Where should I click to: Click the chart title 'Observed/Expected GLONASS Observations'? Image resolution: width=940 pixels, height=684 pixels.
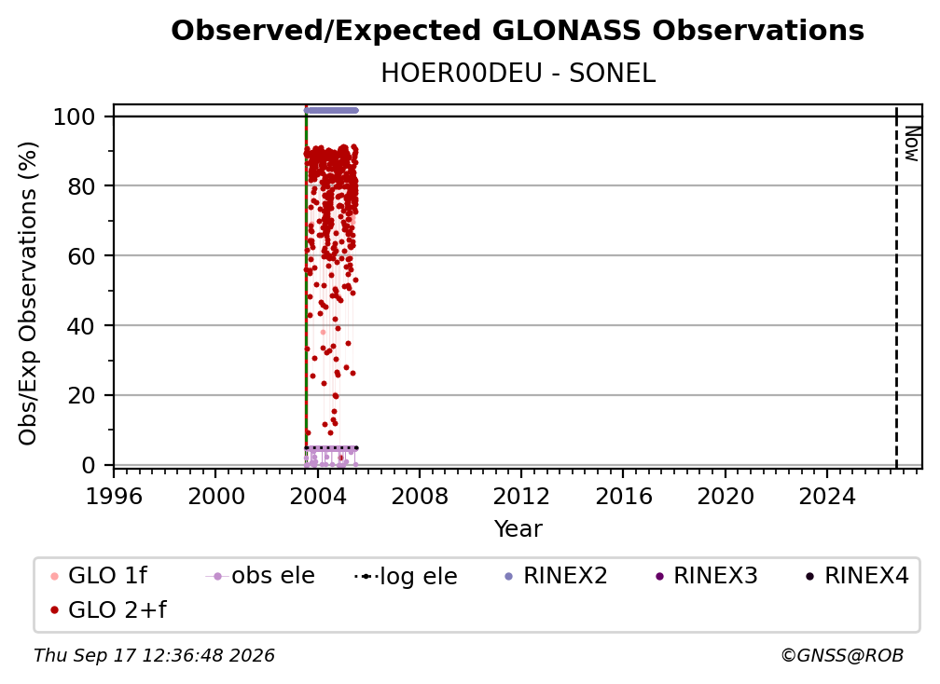(518, 31)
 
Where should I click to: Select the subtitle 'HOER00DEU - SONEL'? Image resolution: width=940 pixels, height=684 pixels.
(518, 74)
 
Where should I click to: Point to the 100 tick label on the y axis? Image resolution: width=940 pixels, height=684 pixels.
(75, 116)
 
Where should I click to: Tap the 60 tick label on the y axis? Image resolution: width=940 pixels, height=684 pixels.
(81, 255)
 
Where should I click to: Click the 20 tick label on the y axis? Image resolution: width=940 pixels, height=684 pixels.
(81, 395)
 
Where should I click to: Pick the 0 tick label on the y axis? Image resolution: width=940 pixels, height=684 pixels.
(89, 465)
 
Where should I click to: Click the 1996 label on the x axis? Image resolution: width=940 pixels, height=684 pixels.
(114, 496)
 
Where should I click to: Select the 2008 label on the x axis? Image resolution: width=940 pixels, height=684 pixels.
(420, 496)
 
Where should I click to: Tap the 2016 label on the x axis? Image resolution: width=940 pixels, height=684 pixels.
(624, 496)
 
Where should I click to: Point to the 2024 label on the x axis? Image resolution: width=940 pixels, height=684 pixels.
(826, 496)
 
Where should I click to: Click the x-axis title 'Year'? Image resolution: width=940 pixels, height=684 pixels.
(518, 529)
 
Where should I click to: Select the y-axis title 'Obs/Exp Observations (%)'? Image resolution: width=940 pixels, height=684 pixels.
(28, 294)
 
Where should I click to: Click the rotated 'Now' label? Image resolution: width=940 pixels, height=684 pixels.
(911, 144)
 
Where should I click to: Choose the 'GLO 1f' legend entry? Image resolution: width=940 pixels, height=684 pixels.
(99, 576)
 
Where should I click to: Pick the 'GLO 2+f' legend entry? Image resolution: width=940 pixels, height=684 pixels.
(108, 609)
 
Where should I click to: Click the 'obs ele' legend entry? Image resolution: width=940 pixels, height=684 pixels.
(260, 576)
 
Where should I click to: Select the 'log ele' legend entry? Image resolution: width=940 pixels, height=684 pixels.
(406, 576)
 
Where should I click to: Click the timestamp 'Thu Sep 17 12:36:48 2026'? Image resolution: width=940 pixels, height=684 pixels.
(154, 655)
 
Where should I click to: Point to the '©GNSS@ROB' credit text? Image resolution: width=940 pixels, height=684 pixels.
(842, 655)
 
